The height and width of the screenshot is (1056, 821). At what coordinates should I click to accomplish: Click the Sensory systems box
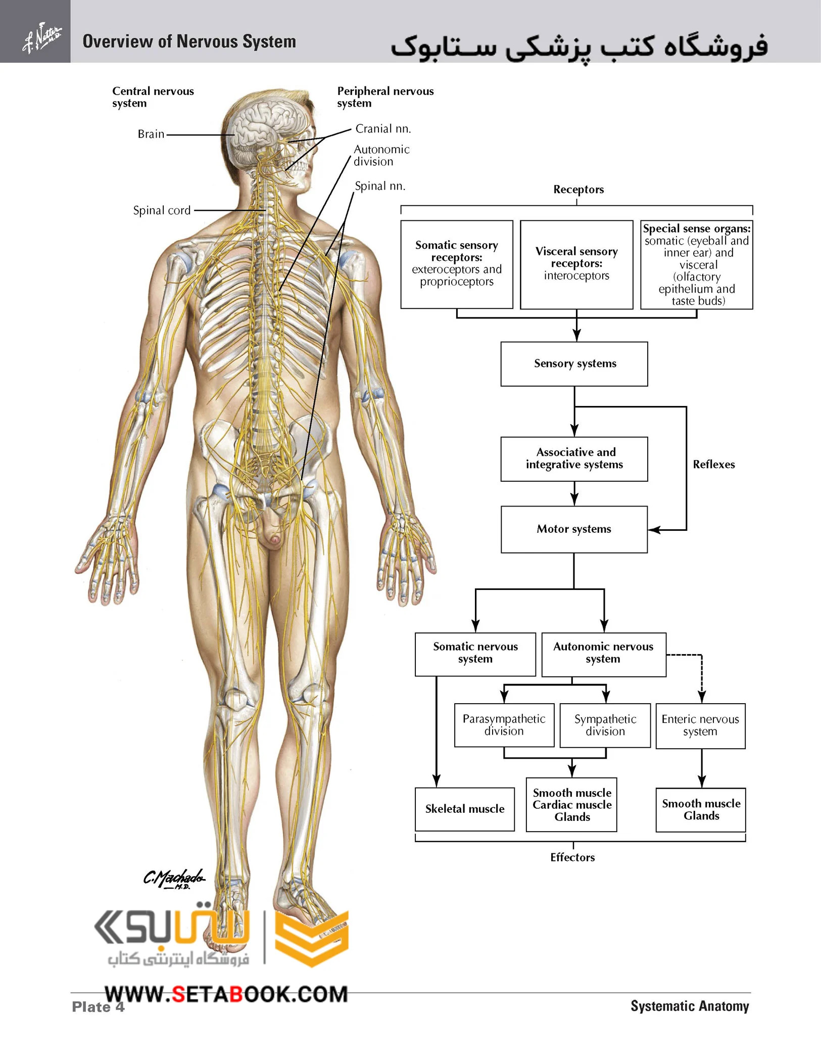click(574, 364)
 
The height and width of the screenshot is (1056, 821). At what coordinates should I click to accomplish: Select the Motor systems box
click(574, 529)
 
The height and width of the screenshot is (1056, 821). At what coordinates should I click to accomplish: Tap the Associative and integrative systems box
click(574, 459)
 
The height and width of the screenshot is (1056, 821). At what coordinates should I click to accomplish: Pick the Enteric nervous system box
click(700, 726)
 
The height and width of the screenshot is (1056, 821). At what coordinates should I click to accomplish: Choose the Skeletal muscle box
click(465, 809)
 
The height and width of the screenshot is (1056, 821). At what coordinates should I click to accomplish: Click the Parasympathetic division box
click(504, 725)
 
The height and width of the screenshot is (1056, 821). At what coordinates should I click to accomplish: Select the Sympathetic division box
click(605, 725)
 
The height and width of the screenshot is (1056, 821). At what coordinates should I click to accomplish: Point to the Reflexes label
click(714, 465)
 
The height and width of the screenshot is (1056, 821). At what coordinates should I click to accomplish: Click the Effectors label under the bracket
click(572, 857)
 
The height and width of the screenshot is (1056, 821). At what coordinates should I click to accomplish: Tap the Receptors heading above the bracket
click(578, 190)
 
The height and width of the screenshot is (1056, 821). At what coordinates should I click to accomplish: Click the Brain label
click(151, 134)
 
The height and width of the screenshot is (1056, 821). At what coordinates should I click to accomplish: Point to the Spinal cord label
click(162, 210)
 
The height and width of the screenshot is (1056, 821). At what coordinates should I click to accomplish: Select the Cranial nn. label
click(383, 129)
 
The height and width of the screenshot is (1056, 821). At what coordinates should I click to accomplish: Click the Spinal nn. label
click(380, 186)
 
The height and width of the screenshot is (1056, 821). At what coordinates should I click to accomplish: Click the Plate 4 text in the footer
click(98, 1007)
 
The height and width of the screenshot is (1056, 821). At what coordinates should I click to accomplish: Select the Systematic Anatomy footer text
click(690, 1006)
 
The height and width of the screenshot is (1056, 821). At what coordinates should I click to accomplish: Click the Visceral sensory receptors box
click(576, 264)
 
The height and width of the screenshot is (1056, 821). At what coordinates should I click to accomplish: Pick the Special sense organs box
click(697, 264)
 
